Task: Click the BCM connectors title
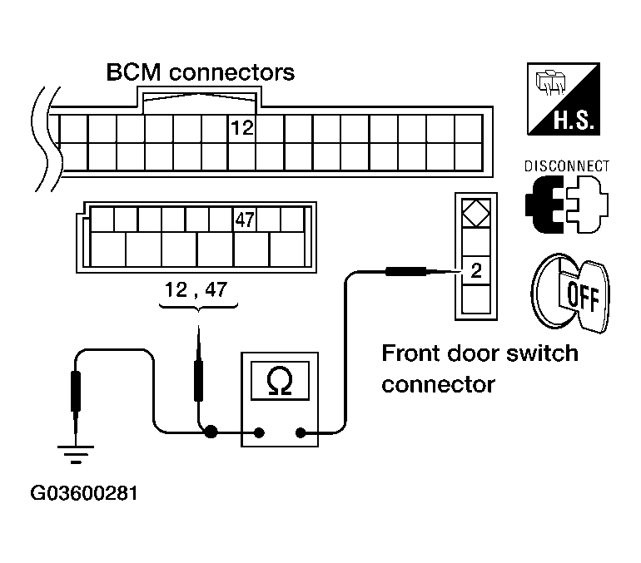click(201, 72)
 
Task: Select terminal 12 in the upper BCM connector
click(242, 128)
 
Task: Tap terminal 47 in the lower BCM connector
click(245, 220)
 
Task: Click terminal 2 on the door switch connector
click(476, 270)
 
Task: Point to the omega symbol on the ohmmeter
click(280, 380)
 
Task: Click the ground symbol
click(76, 454)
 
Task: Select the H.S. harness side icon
click(564, 99)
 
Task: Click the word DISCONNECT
click(567, 166)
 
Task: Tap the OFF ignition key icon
click(570, 293)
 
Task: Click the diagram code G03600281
click(84, 493)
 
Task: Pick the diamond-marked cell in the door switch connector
click(476, 213)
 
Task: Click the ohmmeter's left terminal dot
click(259, 432)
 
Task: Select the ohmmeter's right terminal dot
click(301, 432)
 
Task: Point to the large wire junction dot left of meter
click(211, 432)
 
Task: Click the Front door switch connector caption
click(480, 368)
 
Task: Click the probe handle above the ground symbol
click(76, 391)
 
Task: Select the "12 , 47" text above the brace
click(196, 290)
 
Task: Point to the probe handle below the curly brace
click(199, 381)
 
